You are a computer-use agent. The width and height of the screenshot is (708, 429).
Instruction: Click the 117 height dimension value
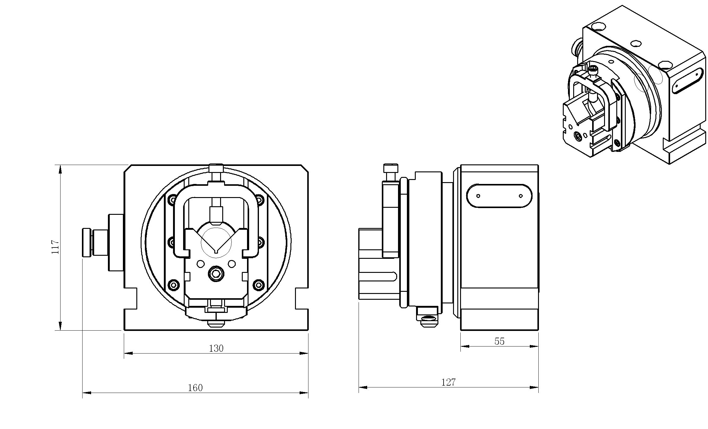coord(55,247)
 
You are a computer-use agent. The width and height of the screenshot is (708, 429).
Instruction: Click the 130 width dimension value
coord(216,348)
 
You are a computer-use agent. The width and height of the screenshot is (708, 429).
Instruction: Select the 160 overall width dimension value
coord(195,388)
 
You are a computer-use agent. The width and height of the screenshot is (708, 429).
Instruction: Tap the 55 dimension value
coord(499,341)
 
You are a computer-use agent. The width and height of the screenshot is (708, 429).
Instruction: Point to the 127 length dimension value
coord(448,382)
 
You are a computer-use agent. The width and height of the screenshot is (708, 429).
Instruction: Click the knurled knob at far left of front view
coord(87,242)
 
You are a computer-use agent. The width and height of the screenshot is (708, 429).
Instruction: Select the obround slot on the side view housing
coord(499,196)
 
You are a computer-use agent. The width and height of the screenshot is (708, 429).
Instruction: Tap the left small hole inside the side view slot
coord(478,196)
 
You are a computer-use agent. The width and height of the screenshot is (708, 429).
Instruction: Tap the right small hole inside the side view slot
coord(521,196)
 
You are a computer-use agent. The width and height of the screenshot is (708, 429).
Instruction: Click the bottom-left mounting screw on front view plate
coord(174,285)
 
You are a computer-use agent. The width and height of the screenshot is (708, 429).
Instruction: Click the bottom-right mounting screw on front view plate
coord(259,285)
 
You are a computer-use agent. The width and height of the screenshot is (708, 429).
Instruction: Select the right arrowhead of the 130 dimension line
coord(304,353)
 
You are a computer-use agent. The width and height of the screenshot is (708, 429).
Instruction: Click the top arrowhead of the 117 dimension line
coord(60,169)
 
